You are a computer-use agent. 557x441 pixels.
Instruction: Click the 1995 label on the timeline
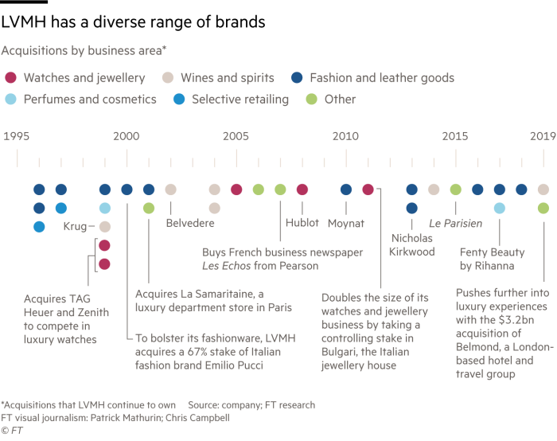18,136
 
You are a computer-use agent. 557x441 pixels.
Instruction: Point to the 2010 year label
345,136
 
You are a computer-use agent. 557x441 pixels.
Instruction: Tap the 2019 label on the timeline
543,136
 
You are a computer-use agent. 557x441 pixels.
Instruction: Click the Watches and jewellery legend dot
10,78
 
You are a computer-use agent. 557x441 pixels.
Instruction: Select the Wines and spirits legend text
228,78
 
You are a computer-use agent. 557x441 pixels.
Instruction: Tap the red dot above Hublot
302,189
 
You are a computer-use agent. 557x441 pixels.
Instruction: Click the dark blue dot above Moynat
345,189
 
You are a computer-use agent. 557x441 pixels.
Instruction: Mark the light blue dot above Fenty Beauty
499,208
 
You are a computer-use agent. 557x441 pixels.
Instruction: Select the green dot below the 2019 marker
543,208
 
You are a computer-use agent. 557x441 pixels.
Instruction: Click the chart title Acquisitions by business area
84,52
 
